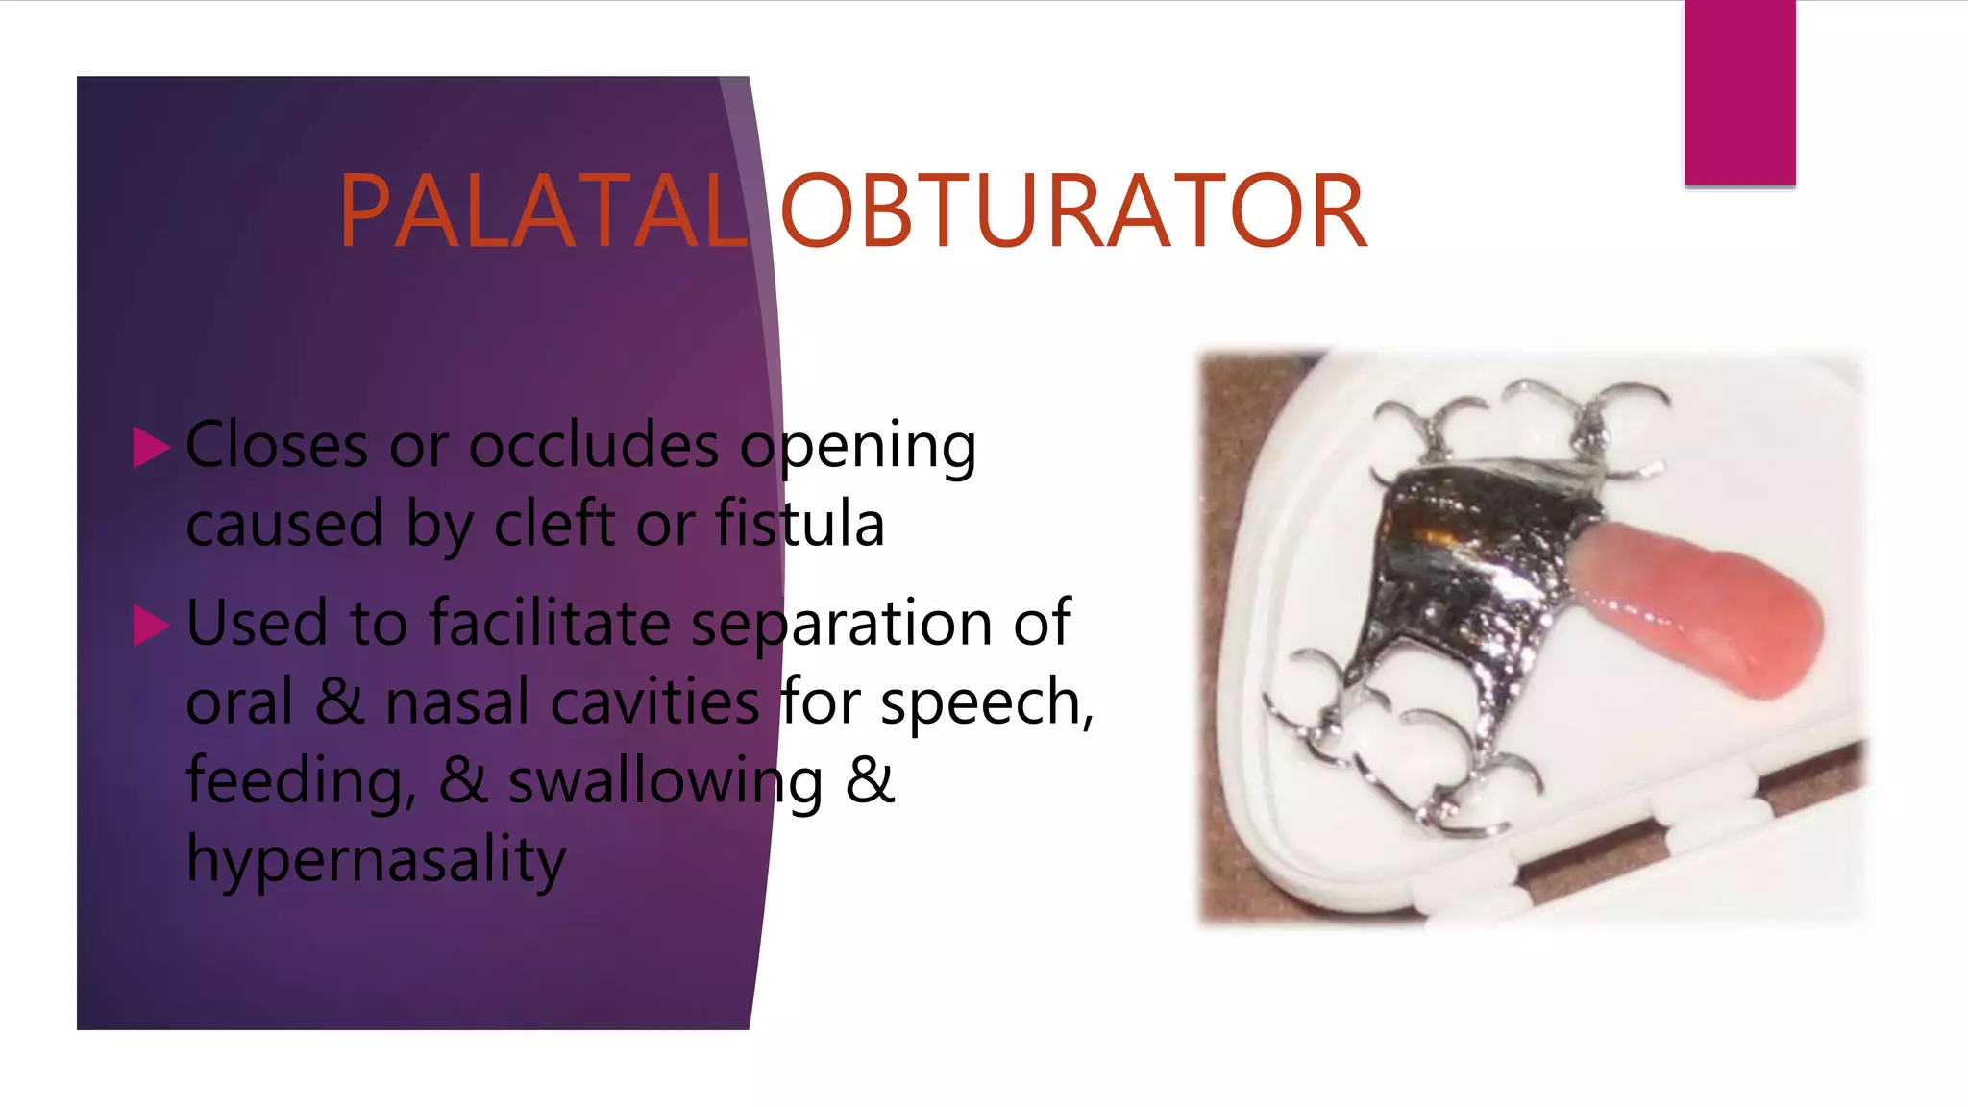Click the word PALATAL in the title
(x=544, y=211)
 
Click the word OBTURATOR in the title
(x=1073, y=211)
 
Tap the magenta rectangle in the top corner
(x=1739, y=92)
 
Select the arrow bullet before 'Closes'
(x=151, y=448)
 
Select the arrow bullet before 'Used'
(x=151, y=626)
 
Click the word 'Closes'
(x=277, y=446)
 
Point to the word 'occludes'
(x=593, y=446)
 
